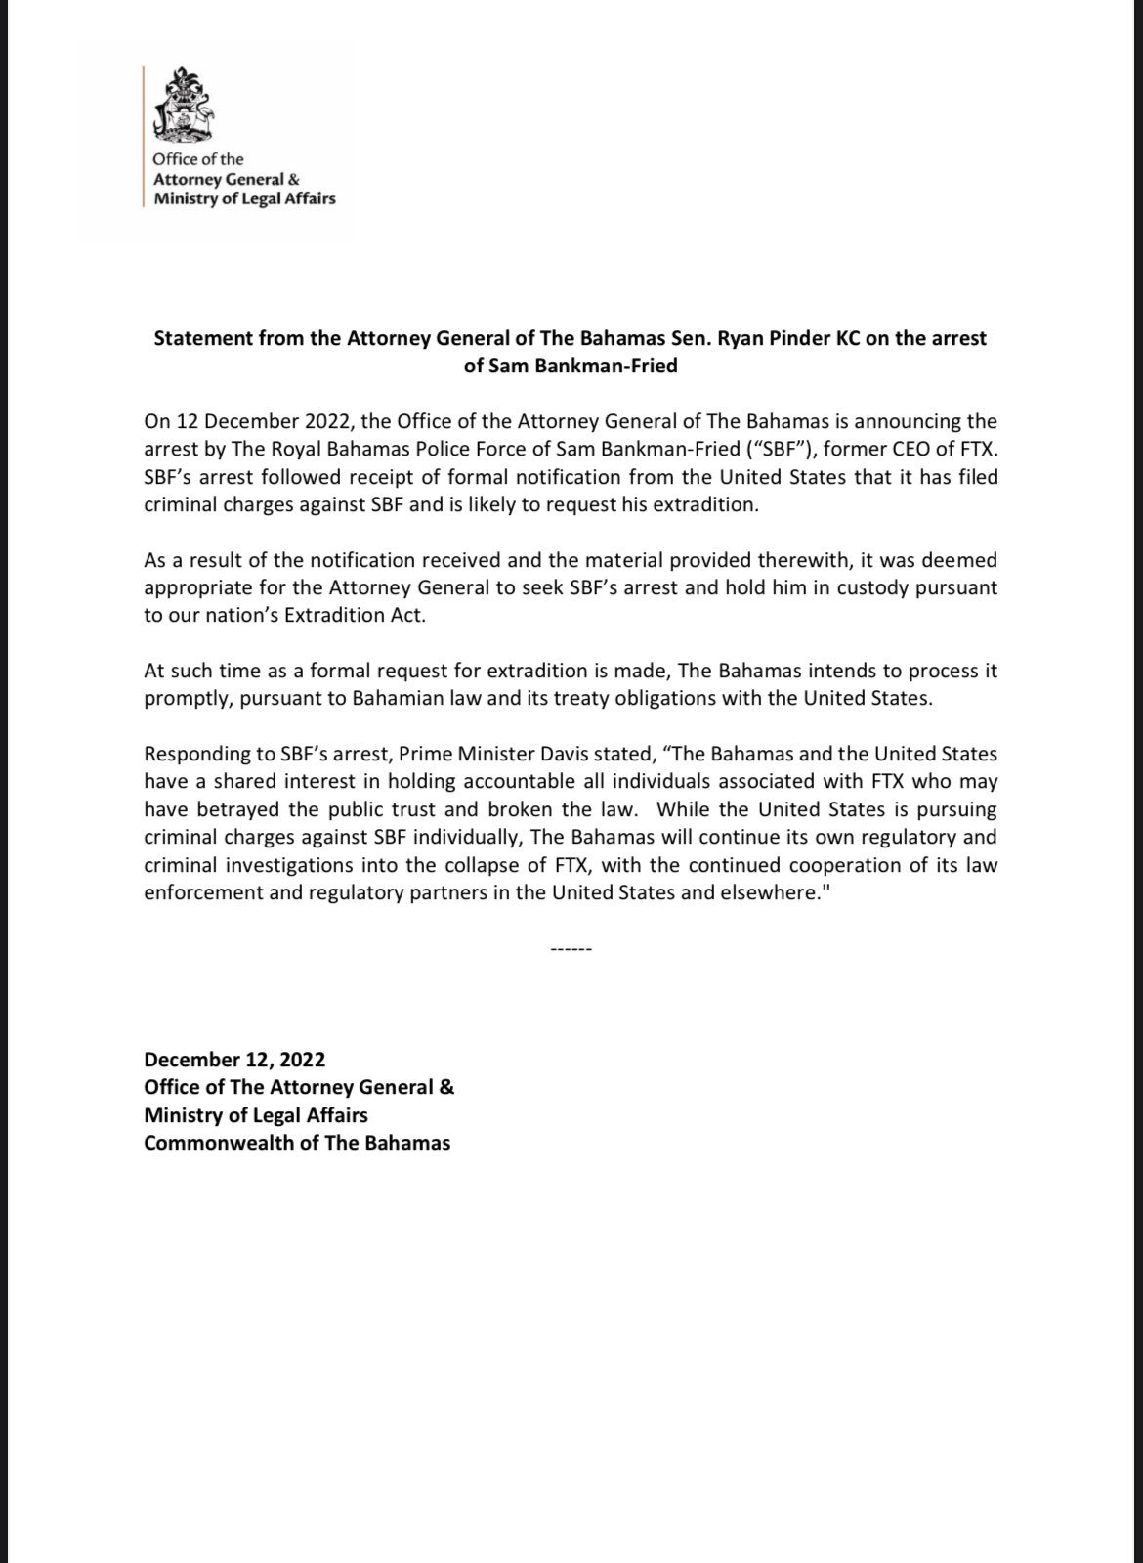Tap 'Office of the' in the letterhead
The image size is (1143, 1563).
197,159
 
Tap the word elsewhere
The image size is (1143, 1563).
763,892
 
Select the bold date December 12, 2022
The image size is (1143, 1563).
234,1060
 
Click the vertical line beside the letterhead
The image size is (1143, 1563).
144,137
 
